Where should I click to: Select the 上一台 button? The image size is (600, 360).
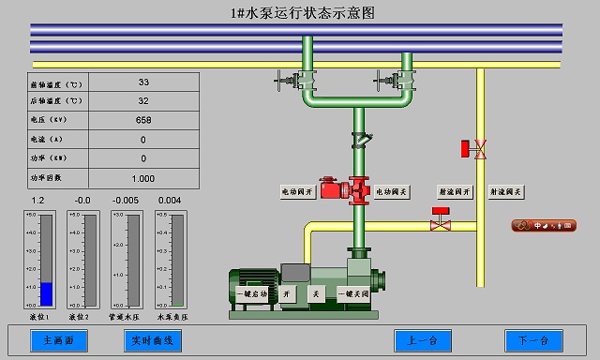pos(422,340)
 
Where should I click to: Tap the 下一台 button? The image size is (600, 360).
pos(532,340)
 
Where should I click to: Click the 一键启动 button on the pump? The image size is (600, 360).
pos(251,294)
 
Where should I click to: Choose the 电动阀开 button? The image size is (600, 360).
pos(299,191)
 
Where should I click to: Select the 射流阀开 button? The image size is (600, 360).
pos(454,191)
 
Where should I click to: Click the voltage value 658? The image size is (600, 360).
pos(143,120)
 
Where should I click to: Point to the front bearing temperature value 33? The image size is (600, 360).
pos(143,82)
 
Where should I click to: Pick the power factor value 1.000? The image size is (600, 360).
pos(143,178)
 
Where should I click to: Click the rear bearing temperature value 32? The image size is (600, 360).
pos(143,101)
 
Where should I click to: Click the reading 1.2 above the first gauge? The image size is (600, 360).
pos(38,201)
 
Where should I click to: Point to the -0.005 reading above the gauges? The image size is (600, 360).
pos(126,201)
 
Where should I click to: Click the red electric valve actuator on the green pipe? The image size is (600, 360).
pos(331,188)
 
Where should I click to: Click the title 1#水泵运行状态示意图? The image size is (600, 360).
pos(301,13)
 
